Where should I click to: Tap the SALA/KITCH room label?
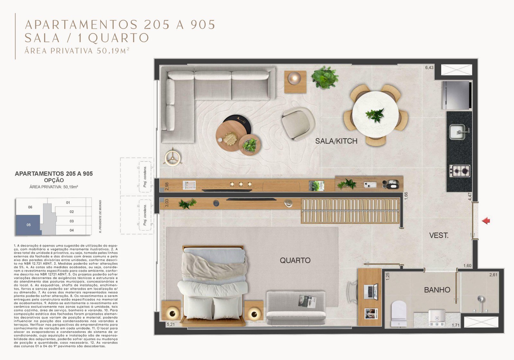click(336, 141)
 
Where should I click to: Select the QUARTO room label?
click(295, 260)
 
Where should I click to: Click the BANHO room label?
click(437, 290)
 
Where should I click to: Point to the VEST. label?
click(439, 236)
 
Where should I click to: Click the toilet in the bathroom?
click(399, 313)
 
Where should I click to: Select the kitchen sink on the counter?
click(457, 132)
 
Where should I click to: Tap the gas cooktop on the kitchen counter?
click(459, 171)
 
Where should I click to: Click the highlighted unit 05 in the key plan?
click(28, 225)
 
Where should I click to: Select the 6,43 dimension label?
click(429, 67)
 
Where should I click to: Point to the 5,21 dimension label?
click(171, 324)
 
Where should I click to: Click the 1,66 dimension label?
click(406, 196)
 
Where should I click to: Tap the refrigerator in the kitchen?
click(456, 95)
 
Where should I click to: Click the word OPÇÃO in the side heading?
click(54, 180)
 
